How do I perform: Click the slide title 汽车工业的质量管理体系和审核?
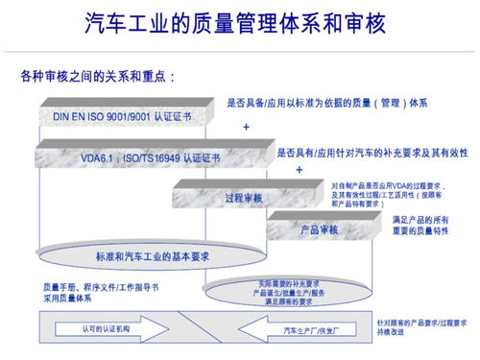240,21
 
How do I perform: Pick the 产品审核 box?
317,230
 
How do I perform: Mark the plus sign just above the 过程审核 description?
300,169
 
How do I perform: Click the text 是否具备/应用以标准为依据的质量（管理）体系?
326,103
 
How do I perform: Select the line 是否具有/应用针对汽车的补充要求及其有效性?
372,152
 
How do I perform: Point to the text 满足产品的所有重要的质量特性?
422,227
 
